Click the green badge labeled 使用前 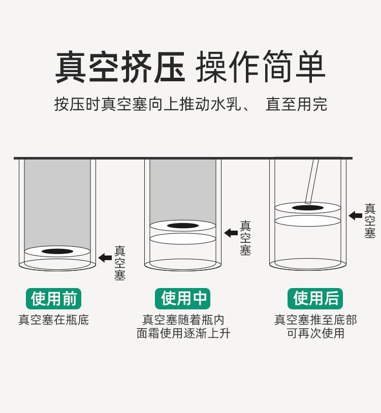tap(53, 299)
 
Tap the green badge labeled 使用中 tap(183, 299)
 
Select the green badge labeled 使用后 tap(315, 299)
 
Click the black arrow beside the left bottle tap(105, 258)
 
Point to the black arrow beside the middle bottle tap(231, 233)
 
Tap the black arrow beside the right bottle tap(355, 215)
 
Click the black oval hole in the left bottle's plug tap(57, 251)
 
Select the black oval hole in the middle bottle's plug tap(182, 226)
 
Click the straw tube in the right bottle tap(311, 180)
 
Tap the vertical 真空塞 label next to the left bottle tap(119, 263)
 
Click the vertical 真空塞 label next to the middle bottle tap(245, 238)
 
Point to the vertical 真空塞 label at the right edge tap(370, 221)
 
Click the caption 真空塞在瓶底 tap(53, 320)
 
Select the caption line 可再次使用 tap(315, 333)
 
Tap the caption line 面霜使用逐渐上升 tap(183, 333)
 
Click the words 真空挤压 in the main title tap(120, 67)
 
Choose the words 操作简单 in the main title tap(260, 67)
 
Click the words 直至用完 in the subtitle tap(296, 105)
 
